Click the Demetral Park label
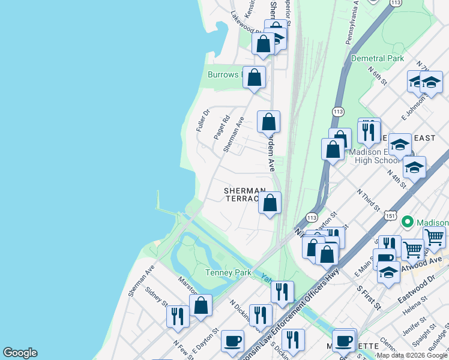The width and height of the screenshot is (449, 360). point(377,59)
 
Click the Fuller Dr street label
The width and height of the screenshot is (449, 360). point(202,121)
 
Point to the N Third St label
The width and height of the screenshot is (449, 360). point(368,200)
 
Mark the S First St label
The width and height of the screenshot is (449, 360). point(368,297)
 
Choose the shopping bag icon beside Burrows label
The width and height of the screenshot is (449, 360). point(255,77)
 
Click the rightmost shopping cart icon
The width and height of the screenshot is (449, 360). point(434,237)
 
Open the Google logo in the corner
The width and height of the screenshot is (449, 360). point(20,353)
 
